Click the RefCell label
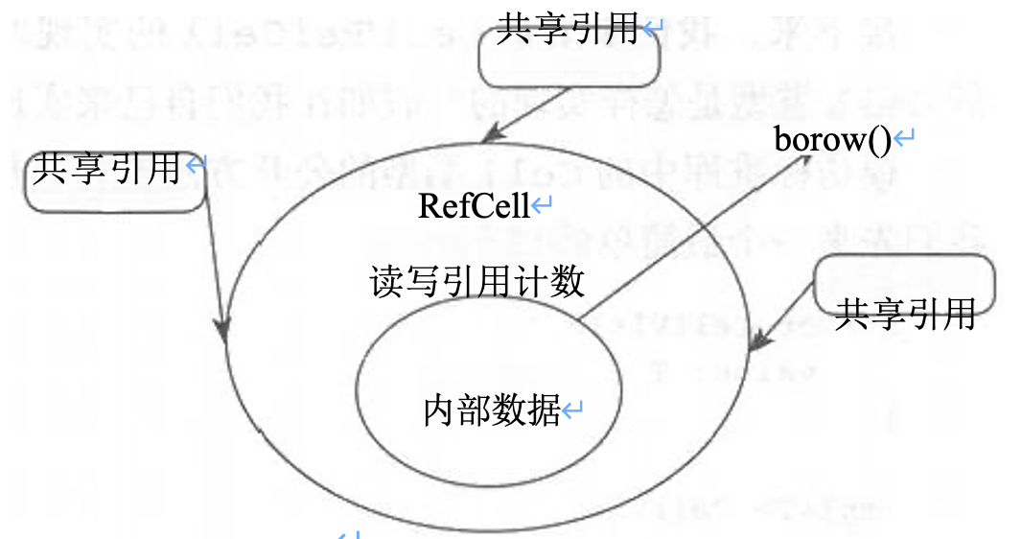point(474,206)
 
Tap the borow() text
point(832,140)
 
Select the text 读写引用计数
point(476,282)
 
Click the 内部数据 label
point(492,410)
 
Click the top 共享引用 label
point(567,29)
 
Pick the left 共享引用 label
point(105,169)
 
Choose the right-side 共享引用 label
point(904,313)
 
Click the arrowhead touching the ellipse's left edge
point(224,329)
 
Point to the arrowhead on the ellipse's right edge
point(760,339)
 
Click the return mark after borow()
point(903,141)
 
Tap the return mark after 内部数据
point(572,411)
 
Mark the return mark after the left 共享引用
point(195,166)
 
